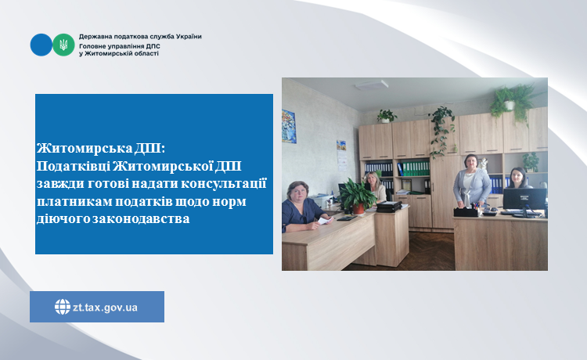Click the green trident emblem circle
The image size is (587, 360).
tap(63, 45)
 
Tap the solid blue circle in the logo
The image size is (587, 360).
tap(41, 45)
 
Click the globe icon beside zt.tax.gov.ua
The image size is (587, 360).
tap(62, 307)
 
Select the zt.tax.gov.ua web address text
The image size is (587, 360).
tap(105, 308)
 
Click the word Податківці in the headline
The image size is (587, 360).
tap(74, 166)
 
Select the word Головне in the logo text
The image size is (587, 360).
tap(92, 47)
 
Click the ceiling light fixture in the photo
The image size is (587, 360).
tap(371, 85)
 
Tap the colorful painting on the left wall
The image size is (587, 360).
tap(289, 126)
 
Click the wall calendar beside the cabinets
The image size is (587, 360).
tap(341, 155)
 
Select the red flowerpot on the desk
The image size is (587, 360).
tap(358, 209)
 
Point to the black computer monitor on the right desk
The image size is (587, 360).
tap(524, 200)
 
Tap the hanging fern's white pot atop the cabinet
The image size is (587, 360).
tap(510, 105)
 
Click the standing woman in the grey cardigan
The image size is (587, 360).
tap(471, 182)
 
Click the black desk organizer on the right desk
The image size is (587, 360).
tap(466, 212)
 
